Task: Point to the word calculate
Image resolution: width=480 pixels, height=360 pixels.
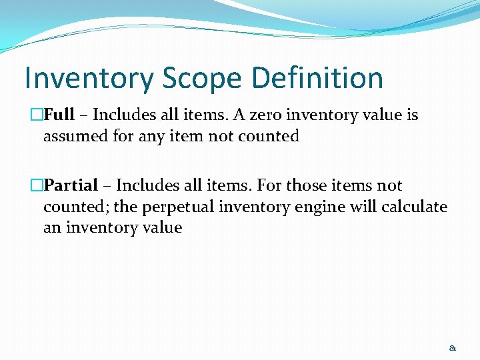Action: click(x=414, y=207)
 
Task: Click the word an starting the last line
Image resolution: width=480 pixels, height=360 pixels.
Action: click(x=51, y=229)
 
